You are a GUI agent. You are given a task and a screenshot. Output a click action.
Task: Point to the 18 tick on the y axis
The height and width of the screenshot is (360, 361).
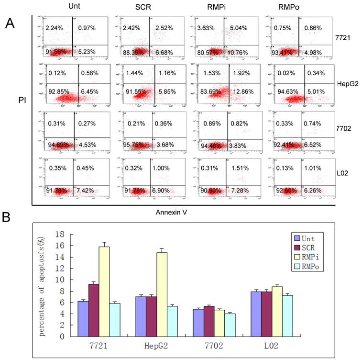[59, 235]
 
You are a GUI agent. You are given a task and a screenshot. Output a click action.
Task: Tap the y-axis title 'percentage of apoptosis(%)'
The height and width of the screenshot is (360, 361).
[44, 285]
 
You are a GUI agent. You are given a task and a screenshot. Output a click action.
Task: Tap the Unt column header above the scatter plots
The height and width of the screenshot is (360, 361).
[70, 7]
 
